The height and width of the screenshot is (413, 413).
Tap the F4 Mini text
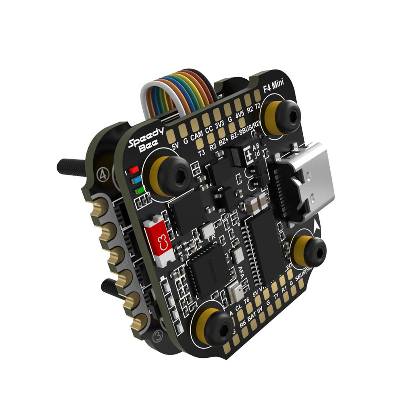coord(273,85)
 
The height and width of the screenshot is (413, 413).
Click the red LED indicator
coord(133,170)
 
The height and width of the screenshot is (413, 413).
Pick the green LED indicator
coord(140,190)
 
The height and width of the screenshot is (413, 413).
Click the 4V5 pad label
coord(240,115)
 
